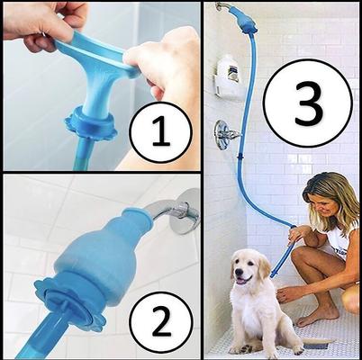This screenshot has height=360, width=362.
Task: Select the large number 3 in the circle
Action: [309, 106]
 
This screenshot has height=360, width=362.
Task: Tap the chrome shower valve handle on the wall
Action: [226, 136]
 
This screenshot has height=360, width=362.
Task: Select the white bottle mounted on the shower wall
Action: [231, 71]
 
